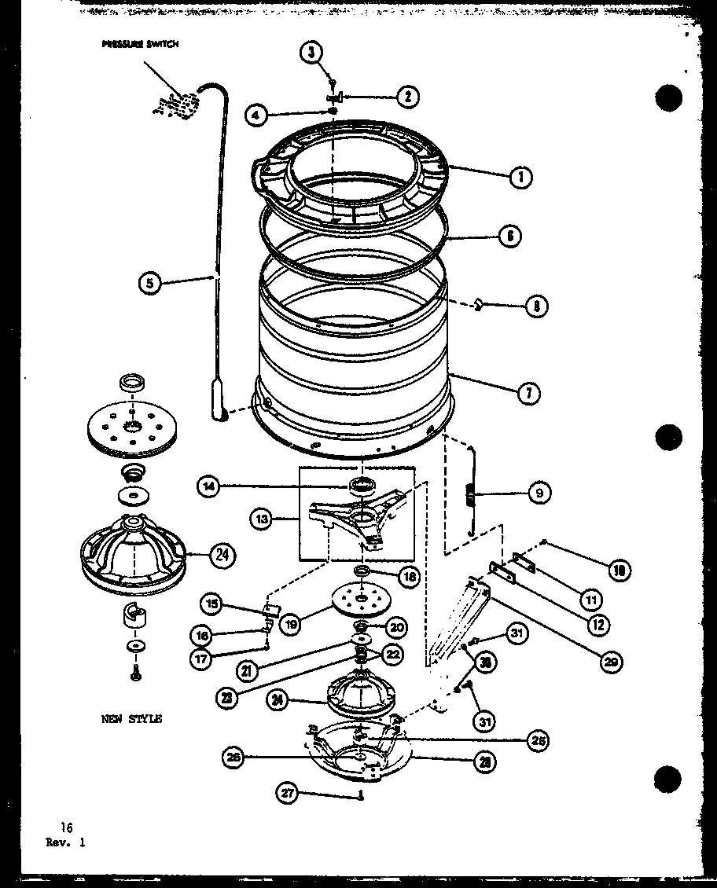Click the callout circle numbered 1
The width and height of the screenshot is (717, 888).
pos(519,177)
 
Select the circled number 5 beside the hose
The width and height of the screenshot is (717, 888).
pos(151,282)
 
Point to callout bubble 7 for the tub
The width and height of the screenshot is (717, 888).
pos(528,393)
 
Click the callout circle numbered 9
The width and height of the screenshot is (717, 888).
pos(539,494)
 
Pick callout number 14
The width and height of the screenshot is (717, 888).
pos(209,486)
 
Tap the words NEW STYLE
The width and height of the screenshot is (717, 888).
pos(131,718)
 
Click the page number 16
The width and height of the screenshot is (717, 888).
pos(65,827)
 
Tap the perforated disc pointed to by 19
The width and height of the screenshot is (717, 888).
pos(361,601)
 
